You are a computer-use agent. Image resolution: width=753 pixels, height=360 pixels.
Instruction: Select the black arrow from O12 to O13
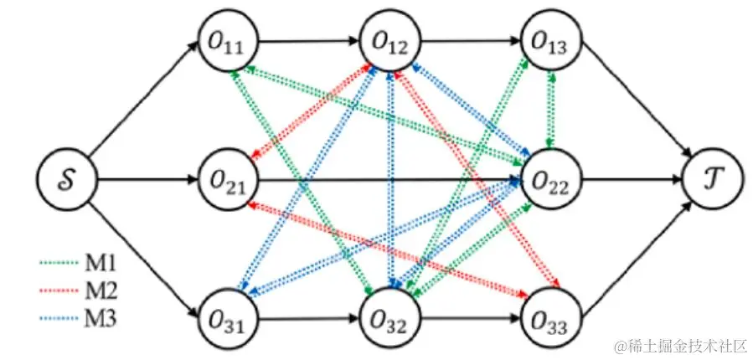click(470, 41)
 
